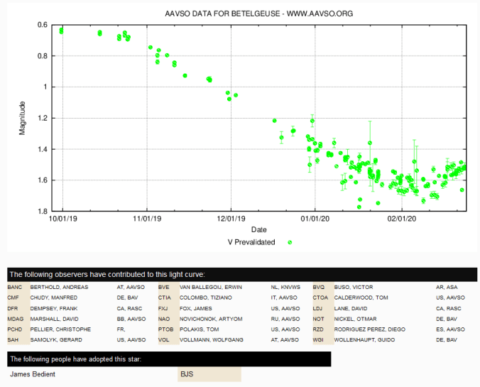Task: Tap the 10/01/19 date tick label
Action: click(62, 220)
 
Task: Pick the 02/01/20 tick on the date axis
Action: click(401, 220)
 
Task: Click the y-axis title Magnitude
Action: click(23, 118)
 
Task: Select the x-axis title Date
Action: click(258, 230)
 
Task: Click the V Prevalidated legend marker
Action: click(290, 242)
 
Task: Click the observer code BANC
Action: click(15, 287)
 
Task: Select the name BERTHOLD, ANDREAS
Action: click(54, 287)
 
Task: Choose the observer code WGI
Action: click(319, 340)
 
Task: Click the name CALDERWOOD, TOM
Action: click(361, 298)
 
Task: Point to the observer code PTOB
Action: click(165, 329)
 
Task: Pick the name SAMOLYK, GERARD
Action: click(51, 340)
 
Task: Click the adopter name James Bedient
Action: click(32, 374)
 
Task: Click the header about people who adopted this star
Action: click(76, 359)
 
